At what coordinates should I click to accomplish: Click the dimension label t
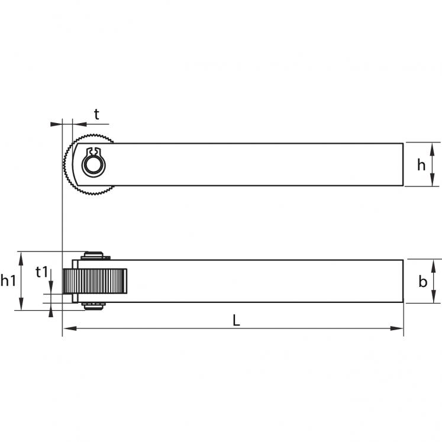[96, 114]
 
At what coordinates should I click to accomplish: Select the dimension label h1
[8, 280]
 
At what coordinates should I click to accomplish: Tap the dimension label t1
[42, 272]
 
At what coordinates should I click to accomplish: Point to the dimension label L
[236, 321]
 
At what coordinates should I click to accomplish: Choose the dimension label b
[423, 281]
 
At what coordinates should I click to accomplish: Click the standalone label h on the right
[421, 164]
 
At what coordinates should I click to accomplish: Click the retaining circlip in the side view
[93, 162]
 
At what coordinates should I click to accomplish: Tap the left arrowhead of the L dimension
[70, 328]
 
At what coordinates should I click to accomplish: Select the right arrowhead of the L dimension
[396, 328]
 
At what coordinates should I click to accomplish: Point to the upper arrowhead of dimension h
[432, 149]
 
